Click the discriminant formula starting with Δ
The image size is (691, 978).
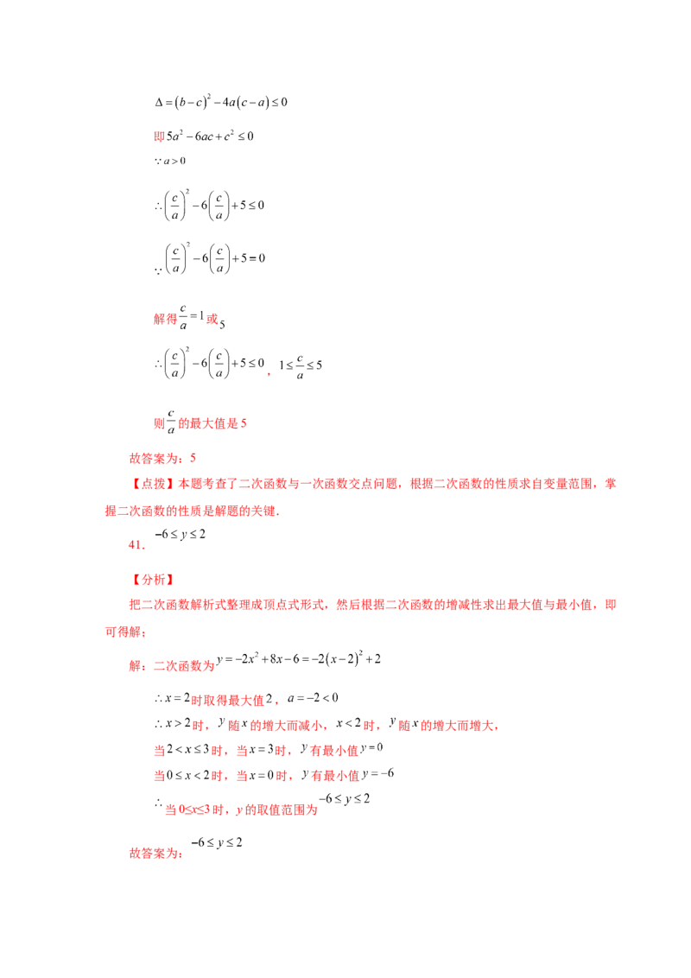coord(221,102)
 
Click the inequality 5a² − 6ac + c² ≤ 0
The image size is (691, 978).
coord(210,136)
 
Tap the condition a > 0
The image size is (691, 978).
coord(170,161)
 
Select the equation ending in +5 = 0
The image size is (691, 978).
coord(214,258)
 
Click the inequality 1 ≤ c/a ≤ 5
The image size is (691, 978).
coord(301,366)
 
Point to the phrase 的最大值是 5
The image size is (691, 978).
coord(212,423)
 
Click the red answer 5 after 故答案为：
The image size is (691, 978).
coord(193,458)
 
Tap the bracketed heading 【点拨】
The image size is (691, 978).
coord(154,484)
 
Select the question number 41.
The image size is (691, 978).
coord(136,544)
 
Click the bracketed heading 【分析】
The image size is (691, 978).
coord(154,580)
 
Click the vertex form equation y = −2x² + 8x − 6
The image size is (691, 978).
coord(299,658)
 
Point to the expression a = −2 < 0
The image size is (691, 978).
coord(313,698)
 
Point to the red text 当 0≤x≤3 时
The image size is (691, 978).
coord(194,810)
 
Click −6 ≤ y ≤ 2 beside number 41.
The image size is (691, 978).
coord(181,535)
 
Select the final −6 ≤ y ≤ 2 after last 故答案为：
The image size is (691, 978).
coord(217,842)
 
